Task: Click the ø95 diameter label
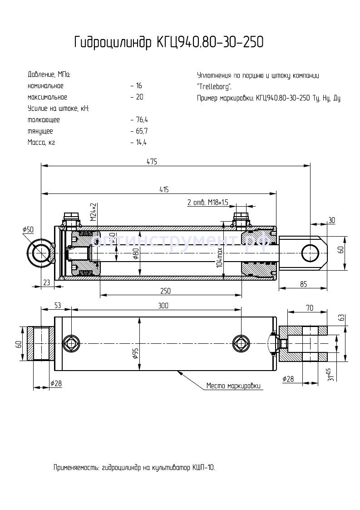tap(136, 354)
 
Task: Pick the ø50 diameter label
tap(28, 230)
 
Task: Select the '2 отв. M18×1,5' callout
tap(207, 202)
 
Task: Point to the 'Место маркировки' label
tap(233, 386)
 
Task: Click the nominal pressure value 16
tap(138, 86)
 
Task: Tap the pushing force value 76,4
tap(141, 120)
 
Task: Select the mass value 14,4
tap(141, 143)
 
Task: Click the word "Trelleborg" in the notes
tap(214, 86)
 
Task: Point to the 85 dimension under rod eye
tap(303, 284)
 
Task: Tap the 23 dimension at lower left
tap(45, 282)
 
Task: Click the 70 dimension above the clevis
tap(310, 308)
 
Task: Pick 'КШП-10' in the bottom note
tap(203, 467)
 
